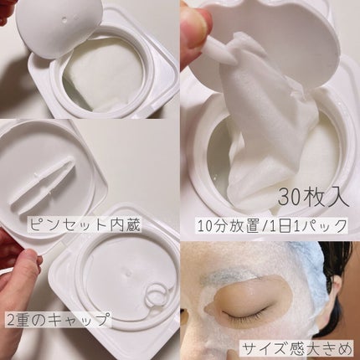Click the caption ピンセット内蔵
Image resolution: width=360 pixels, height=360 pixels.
pos(85,225)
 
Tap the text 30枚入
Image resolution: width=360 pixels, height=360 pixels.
pos(313,198)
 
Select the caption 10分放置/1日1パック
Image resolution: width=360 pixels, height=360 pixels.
pos(272,226)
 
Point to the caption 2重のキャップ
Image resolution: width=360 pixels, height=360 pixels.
pos(56,319)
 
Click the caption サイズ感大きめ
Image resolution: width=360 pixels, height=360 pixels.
pos(297,348)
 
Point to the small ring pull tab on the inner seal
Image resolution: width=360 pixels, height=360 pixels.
pos(156,299)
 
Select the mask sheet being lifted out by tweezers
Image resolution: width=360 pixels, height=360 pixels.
pos(266,123)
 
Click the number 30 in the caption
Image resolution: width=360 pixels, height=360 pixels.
pos(290,198)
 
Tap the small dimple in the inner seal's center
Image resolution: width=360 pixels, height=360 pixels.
pos(127,273)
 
